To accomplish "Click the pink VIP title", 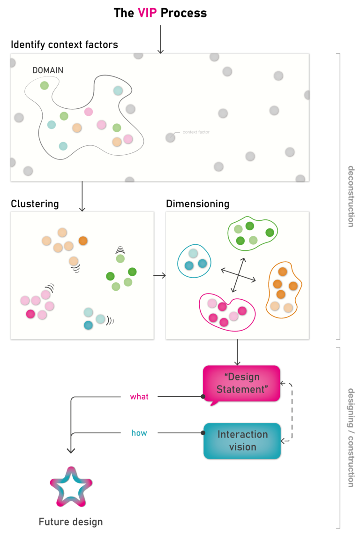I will pos(147,13).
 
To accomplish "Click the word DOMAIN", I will pos(48,70).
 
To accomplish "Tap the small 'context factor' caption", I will pos(196,132).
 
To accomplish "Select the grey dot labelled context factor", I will pos(170,137).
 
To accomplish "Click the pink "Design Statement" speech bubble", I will pos(241,384).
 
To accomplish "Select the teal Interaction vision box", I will pos(242,441).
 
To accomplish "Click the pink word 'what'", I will pos(139,397).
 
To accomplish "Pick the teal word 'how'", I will pos(139,433).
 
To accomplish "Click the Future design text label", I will pos(71,522).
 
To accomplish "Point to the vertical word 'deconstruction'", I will pos(350,196).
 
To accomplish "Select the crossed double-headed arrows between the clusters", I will pos(238,276).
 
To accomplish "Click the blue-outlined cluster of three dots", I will pos(195,261).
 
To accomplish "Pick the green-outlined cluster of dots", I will pos(252,232).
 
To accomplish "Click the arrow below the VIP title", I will pos(160,39).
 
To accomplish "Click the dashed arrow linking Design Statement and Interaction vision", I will pos(291,412).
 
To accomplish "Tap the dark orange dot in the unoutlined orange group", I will pos(83,241).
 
